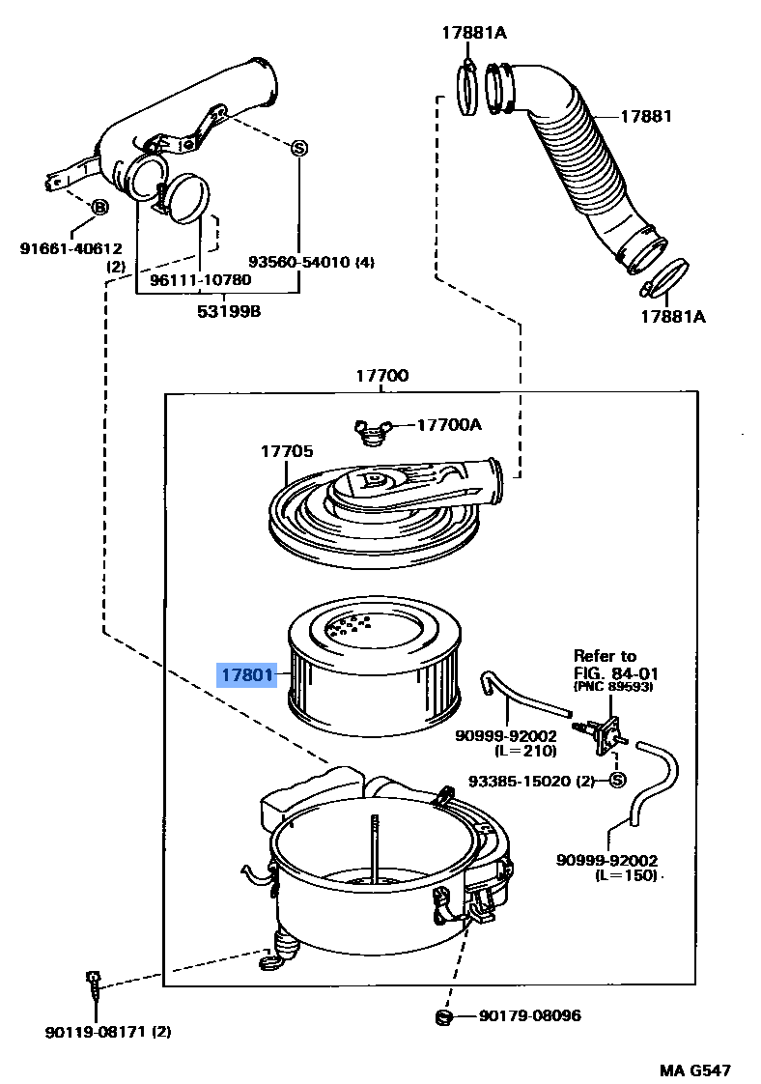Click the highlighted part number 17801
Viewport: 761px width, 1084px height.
[246, 674]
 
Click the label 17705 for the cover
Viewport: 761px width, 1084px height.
[286, 451]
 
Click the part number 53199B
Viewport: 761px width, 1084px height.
[230, 311]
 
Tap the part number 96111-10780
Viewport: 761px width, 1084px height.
[200, 280]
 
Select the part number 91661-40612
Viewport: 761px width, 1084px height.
[71, 248]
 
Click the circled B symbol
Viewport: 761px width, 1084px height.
[99, 208]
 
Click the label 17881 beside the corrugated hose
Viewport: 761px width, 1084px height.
[645, 116]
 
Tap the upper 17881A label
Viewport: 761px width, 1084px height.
[474, 32]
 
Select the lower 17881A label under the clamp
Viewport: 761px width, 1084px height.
[673, 316]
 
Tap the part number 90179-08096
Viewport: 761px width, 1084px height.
[529, 1015]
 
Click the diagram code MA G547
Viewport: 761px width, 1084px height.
[694, 1070]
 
